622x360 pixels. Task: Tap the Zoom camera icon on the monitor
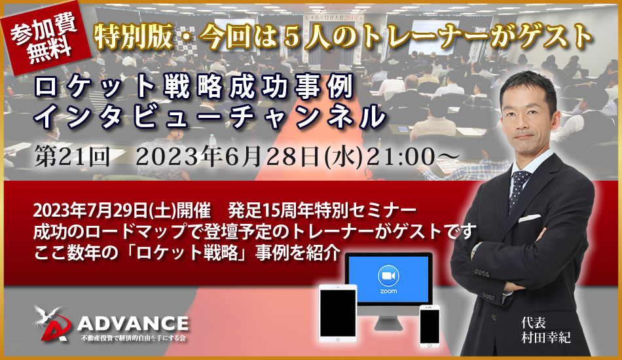click(x=388, y=276)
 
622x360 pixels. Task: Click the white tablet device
click(x=338, y=314)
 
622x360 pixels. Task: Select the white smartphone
click(x=430, y=326)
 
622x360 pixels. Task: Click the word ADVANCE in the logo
click(x=133, y=324)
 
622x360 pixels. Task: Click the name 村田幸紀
click(x=546, y=338)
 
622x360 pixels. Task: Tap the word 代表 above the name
click(x=534, y=323)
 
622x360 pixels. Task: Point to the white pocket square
click(x=530, y=218)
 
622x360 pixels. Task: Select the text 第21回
click(x=72, y=156)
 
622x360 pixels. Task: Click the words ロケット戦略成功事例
click(x=193, y=87)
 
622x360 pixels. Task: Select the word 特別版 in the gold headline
click(x=133, y=37)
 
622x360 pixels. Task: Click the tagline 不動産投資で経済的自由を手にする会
click(x=133, y=338)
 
